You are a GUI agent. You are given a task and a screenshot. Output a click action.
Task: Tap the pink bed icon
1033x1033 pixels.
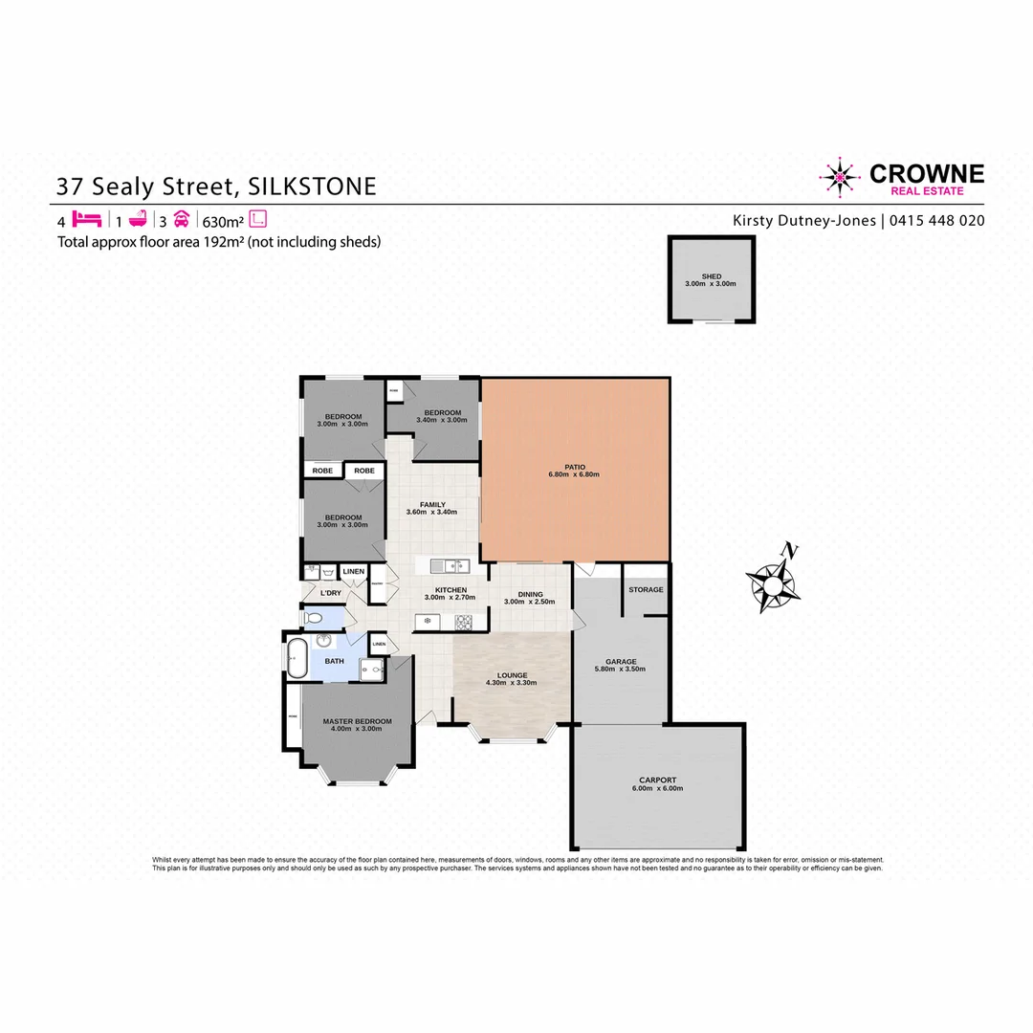tap(86, 219)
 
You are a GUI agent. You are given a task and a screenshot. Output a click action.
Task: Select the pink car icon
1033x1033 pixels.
tap(182, 219)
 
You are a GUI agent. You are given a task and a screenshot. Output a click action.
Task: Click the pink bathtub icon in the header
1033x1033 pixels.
tap(136, 219)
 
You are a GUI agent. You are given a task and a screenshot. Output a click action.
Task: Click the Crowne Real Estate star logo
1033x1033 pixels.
tap(839, 178)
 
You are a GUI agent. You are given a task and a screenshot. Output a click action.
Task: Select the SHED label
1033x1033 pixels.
tap(712, 276)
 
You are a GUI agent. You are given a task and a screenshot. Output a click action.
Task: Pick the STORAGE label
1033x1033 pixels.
tap(646, 590)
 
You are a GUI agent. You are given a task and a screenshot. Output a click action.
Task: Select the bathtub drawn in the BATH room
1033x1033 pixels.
tap(296, 659)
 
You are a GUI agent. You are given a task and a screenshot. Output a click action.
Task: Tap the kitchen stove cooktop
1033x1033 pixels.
tap(463, 623)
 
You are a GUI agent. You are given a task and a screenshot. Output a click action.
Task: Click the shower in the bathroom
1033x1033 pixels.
tap(370, 670)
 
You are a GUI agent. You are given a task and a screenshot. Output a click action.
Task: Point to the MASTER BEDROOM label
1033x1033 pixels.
tap(357, 721)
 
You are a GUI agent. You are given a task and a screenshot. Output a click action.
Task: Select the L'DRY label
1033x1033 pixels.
tap(331, 594)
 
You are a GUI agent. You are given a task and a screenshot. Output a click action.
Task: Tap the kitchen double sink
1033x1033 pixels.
tap(442, 564)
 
